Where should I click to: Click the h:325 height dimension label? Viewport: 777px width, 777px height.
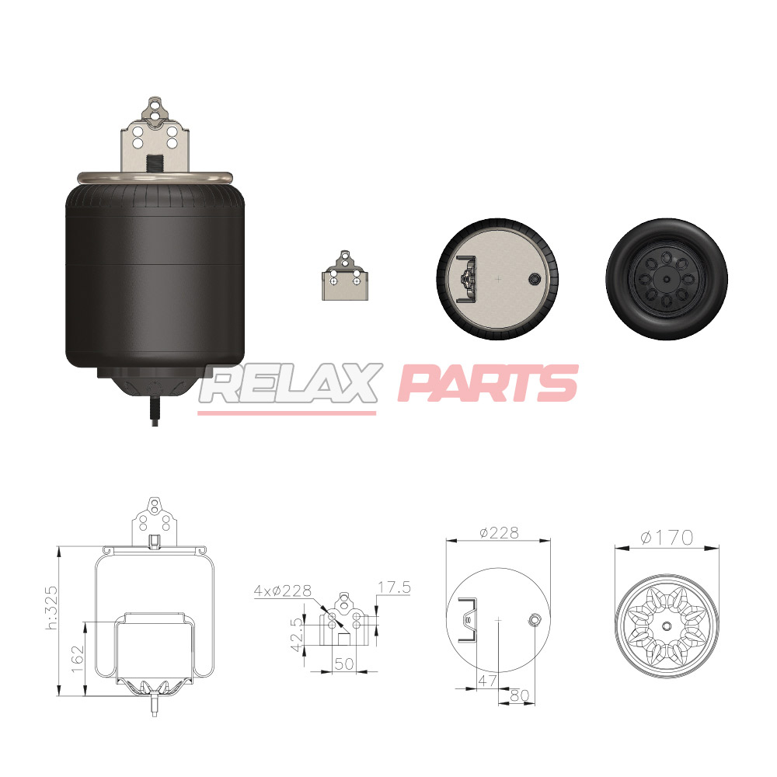(51, 608)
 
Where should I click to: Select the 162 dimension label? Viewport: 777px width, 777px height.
(78, 658)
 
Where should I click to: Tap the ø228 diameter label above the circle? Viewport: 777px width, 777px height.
(499, 533)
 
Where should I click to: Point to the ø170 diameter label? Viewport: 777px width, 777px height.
(667, 537)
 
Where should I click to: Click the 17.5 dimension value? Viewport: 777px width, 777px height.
(395, 587)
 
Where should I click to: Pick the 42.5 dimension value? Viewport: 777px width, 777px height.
(297, 635)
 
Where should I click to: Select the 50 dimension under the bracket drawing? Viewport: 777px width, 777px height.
(344, 664)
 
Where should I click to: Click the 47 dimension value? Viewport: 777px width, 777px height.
(487, 681)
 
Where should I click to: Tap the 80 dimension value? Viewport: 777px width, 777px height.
(519, 695)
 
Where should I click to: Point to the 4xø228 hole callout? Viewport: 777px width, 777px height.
(283, 591)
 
